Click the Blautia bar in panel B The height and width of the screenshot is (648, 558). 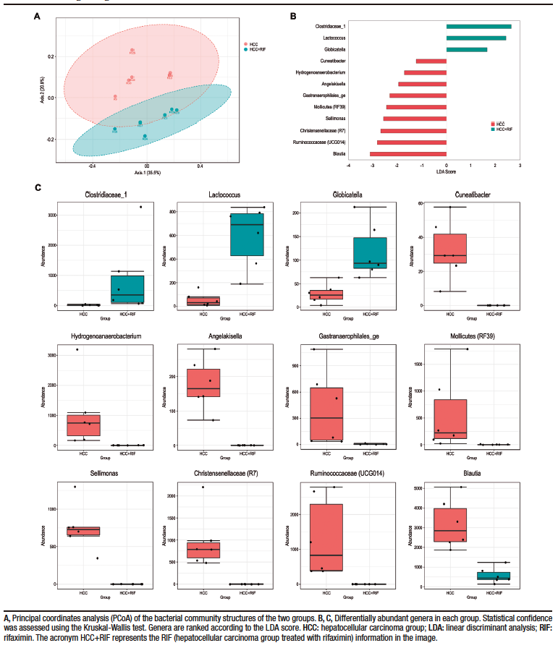(x=407, y=153)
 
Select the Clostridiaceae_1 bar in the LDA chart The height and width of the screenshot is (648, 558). (x=478, y=27)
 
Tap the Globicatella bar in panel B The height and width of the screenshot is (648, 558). (x=466, y=50)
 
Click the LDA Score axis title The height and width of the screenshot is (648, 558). (x=446, y=171)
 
